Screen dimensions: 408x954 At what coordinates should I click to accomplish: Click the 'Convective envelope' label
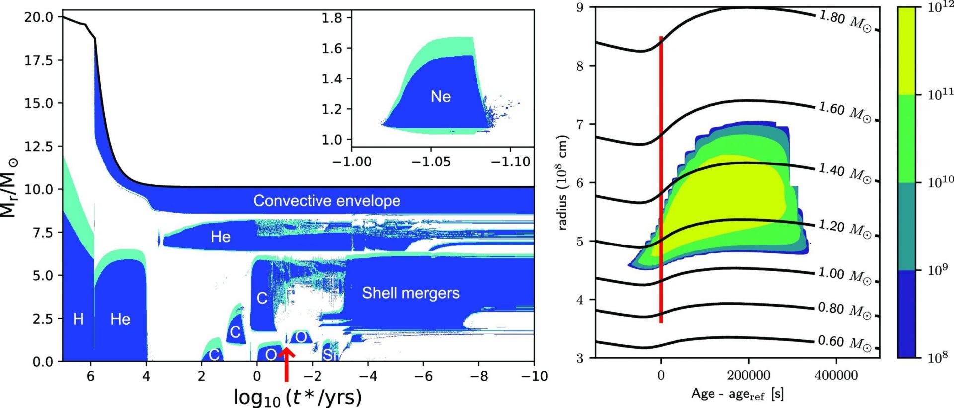coord(326,201)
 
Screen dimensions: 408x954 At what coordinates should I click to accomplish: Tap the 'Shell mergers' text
coord(410,293)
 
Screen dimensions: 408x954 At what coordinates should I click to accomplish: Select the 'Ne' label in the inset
coord(441,96)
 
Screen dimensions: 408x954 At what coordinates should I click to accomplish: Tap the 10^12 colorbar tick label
coord(941,8)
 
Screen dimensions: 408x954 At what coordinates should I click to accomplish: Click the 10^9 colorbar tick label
coord(937,270)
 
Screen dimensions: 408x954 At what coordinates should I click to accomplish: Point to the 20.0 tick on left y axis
coord(39,17)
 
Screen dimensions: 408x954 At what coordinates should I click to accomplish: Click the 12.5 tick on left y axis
coord(39,147)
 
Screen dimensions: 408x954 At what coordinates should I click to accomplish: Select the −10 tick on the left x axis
coord(534,376)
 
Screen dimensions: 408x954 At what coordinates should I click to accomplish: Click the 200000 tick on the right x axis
coord(748,376)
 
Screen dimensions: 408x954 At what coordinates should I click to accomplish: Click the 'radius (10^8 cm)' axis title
coord(563,182)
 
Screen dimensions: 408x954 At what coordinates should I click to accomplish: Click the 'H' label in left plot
coord(78,319)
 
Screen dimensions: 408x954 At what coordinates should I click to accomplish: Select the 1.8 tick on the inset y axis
coord(332,18)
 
